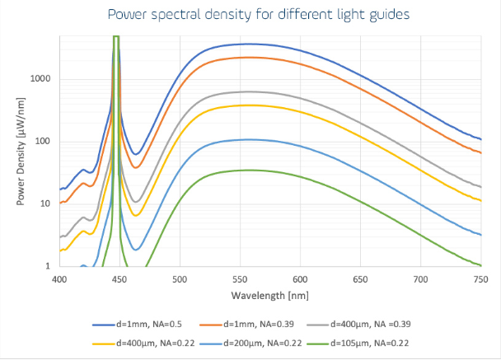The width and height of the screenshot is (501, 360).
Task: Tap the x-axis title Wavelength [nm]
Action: tap(269, 295)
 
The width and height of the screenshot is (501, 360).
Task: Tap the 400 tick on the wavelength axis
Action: tap(59, 280)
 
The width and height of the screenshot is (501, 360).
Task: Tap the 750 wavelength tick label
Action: tap(480, 280)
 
